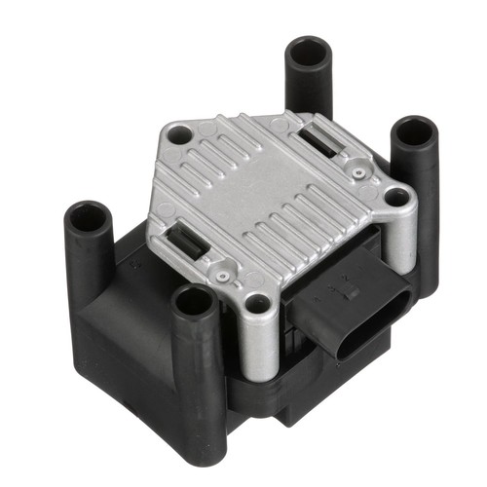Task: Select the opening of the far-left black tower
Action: point(88,216)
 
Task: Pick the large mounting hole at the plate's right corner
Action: point(396,197)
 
